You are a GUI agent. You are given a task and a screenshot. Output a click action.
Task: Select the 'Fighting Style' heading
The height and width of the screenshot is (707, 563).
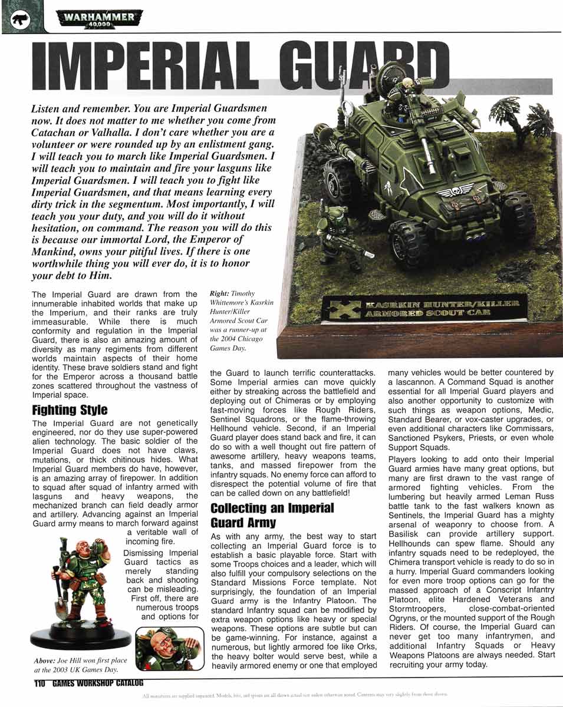[70, 409]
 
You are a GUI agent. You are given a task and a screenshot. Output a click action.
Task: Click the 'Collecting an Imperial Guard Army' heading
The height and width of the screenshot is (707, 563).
[272, 514]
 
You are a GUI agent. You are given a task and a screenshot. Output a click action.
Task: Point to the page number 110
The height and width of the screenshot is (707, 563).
[39, 683]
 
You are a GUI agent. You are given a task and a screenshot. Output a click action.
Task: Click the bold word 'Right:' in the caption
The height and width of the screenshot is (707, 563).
[220, 292]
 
